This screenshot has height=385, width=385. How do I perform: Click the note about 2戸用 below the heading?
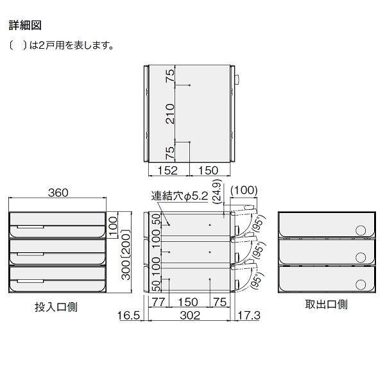point(62,46)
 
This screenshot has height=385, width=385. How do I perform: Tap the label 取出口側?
point(326,304)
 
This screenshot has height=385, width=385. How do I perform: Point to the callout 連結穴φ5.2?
point(180,197)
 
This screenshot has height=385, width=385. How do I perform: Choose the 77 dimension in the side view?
point(158,302)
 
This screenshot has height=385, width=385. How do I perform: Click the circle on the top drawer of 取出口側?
point(361,230)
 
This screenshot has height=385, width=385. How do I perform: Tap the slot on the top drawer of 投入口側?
point(31,227)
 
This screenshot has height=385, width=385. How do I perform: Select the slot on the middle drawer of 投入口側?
point(31,255)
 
